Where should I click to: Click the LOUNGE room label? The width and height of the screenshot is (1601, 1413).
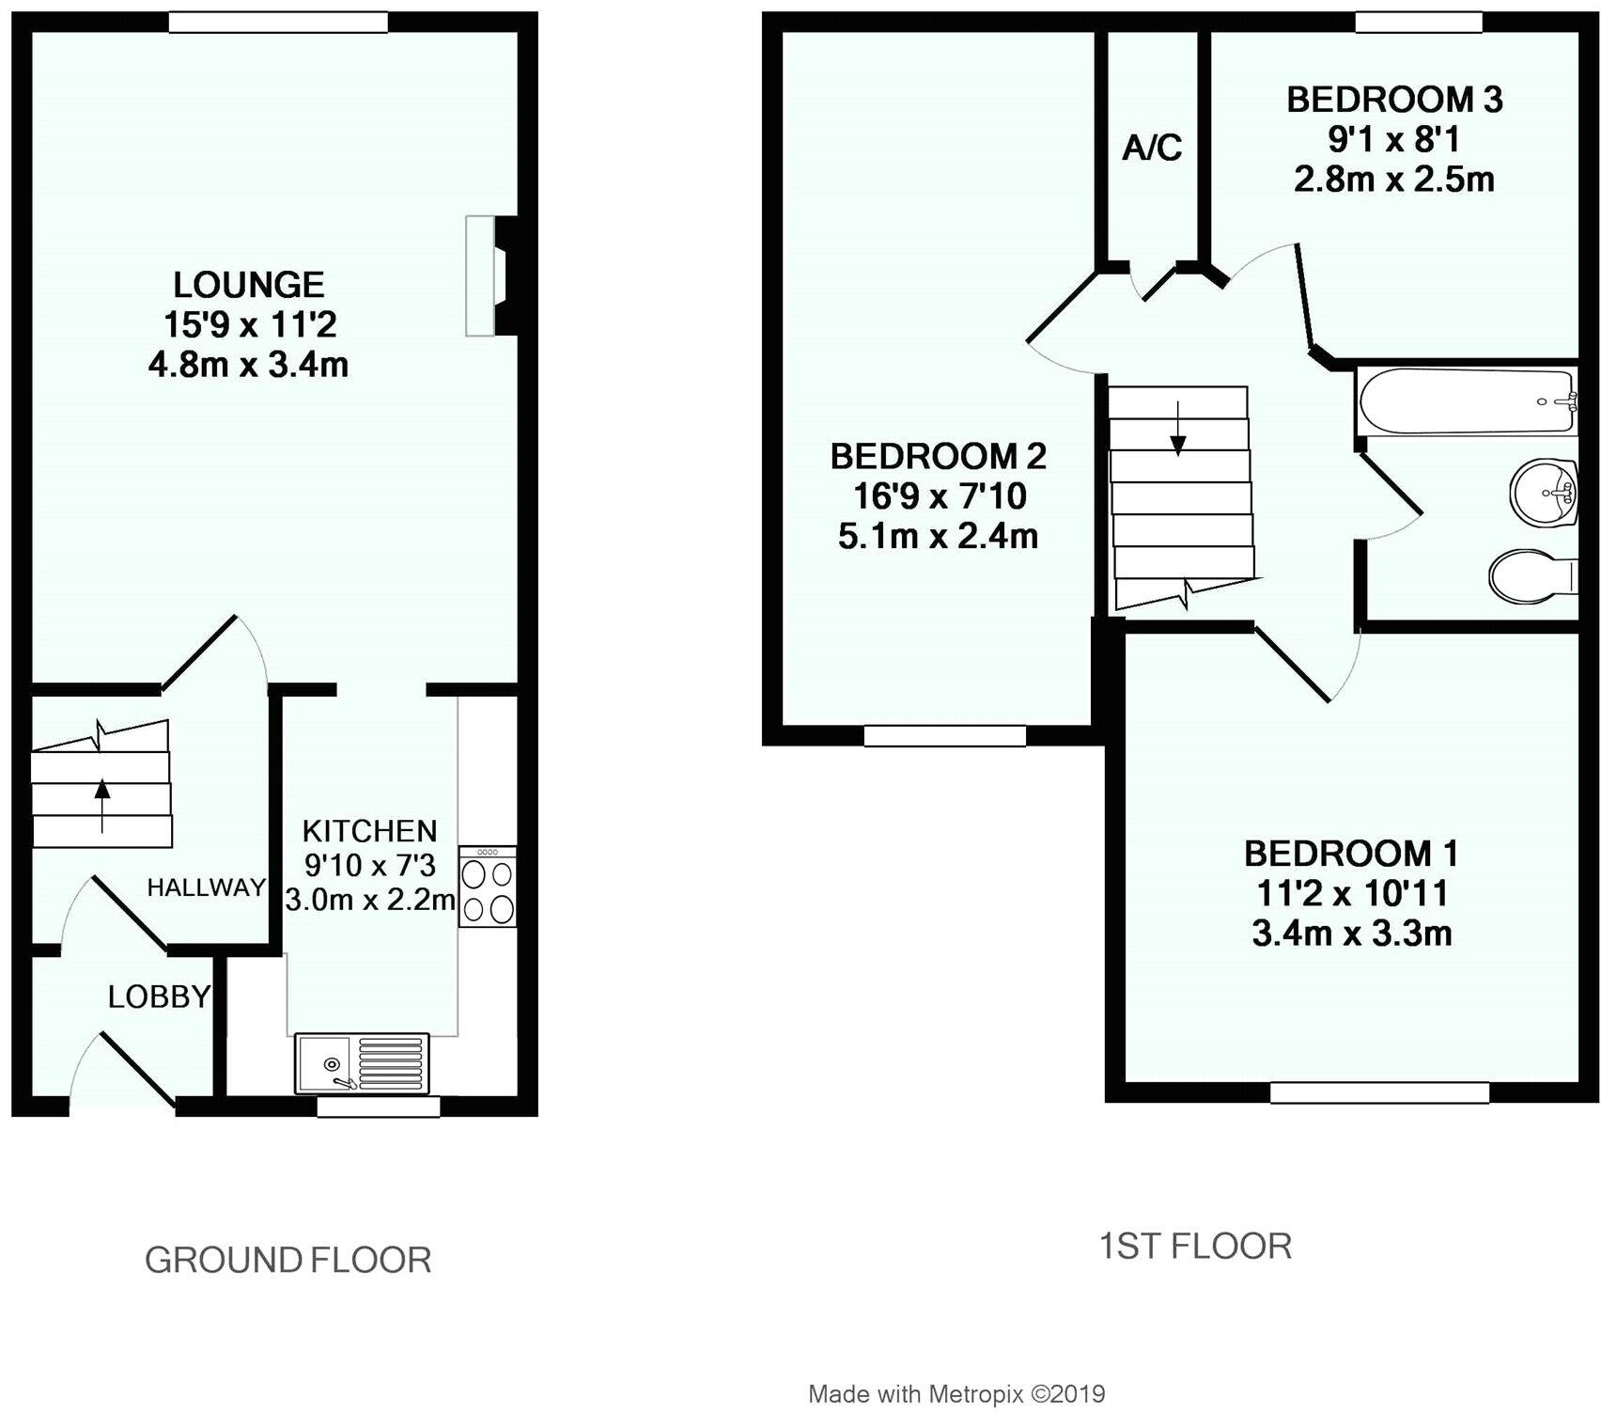(249, 285)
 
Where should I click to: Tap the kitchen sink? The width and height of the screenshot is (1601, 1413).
(361, 1063)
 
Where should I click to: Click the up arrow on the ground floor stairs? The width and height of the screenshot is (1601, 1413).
(101, 805)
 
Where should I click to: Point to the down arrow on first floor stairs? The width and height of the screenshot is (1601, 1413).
(1178, 434)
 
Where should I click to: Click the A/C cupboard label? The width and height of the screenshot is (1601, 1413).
(1152, 149)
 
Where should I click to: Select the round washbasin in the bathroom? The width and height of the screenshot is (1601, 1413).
(1543, 493)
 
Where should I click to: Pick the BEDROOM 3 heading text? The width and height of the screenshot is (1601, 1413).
(1394, 100)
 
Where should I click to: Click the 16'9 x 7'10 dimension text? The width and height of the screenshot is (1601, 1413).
(939, 496)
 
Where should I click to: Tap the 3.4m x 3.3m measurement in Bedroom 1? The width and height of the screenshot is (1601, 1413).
(1351, 934)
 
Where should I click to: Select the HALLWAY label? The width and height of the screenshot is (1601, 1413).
(207, 887)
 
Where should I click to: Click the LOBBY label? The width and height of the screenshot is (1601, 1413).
(159, 997)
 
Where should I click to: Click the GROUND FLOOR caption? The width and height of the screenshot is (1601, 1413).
(288, 1260)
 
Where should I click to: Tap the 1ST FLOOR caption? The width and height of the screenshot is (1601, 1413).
(1195, 1247)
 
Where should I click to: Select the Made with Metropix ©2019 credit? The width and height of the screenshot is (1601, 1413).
(956, 1393)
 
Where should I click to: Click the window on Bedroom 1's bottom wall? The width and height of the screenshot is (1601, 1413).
(1379, 1092)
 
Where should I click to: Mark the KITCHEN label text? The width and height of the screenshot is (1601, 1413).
(369, 831)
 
